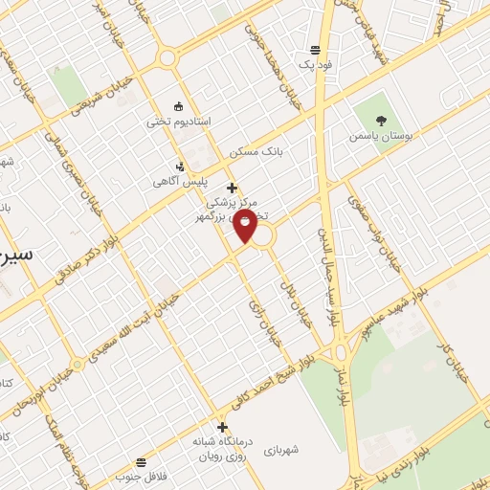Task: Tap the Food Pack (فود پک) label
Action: [x=314, y=65]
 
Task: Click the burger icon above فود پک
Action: [x=315, y=50]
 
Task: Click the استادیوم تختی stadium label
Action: [x=178, y=122]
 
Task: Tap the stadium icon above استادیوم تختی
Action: [x=178, y=105]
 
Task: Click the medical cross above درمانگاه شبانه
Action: [x=223, y=428]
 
